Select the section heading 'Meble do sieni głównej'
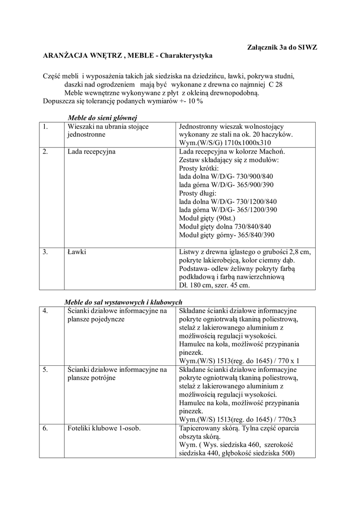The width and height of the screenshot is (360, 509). point(102,117)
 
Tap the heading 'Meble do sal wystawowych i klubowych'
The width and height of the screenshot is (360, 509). point(124,302)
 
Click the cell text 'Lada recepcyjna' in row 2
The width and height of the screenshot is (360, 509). point(91,151)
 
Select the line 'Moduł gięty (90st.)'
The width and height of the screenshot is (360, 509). point(207,218)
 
